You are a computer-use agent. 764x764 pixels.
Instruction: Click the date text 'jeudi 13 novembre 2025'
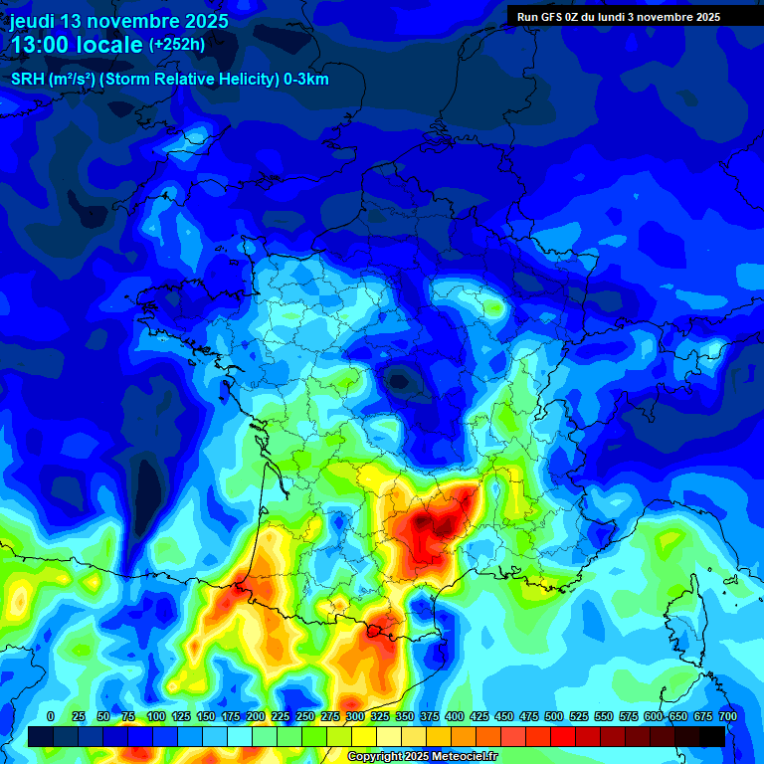pyautogui.click(x=119, y=21)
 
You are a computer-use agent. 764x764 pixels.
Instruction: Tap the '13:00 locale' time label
pyautogui.click(x=76, y=45)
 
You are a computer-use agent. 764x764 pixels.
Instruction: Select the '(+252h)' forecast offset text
pyautogui.click(x=177, y=45)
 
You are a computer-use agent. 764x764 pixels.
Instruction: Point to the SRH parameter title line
pyautogui.click(x=169, y=79)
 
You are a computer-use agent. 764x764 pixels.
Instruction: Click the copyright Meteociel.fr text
pyautogui.click(x=422, y=757)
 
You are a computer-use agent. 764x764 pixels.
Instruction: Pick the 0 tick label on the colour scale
pyautogui.click(x=51, y=717)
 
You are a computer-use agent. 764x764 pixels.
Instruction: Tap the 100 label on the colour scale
pyautogui.click(x=156, y=717)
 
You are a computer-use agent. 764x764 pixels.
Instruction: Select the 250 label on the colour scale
pyautogui.click(x=305, y=717)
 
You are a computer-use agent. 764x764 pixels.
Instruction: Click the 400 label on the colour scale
pyautogui.click(x=455, y=717)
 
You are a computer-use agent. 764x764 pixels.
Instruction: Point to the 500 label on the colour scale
pyautogui.click(x=554, y=717)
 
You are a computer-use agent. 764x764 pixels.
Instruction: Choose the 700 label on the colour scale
pyautogui.click(x=727, y=717)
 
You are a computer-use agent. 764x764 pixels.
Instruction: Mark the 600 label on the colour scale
pyautogui.click(x=654, y=717)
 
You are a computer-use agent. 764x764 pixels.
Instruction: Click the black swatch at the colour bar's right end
pyautogui.click(x=712, y=736)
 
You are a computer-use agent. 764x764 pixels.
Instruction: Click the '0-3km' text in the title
pyautogui.click(x=306, y=79)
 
